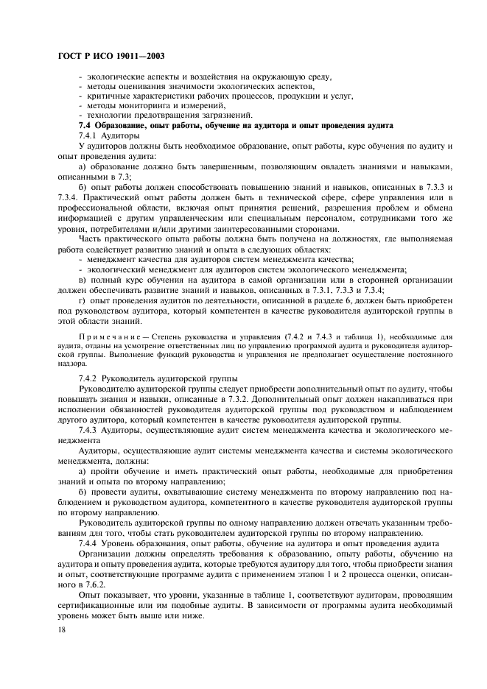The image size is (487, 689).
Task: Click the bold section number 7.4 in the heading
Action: coord(85,126)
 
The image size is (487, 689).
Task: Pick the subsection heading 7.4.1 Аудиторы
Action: coord(108,136)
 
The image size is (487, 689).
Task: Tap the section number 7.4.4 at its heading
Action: coord(88,542)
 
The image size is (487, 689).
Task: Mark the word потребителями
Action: coord(116,229)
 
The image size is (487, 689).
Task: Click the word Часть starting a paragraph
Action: coord(91,239)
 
